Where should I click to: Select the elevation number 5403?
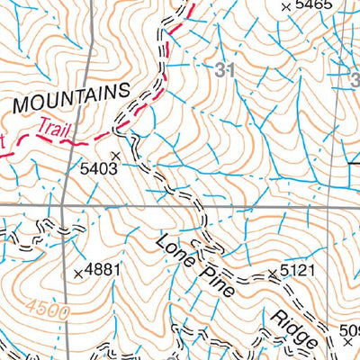coord(99,167)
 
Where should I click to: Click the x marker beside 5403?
coord(114,156)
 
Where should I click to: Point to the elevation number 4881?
coord(103,270)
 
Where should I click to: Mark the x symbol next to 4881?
coord(77,271)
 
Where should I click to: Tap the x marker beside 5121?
coord(272,272)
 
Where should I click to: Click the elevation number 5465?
coord(313,6)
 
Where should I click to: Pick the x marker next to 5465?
coord(286,7)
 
